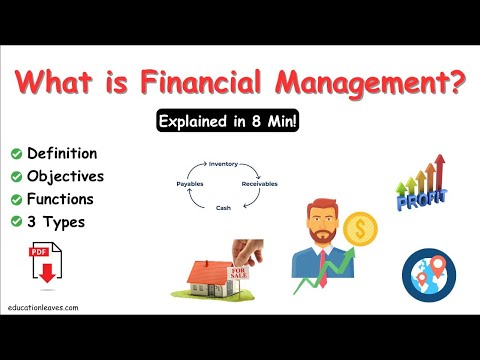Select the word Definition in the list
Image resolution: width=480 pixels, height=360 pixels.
pyautogui.click(x=62, y=153)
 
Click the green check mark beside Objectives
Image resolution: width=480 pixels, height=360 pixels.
pyautogui.click(x=17, y=176)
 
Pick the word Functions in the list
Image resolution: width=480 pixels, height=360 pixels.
pyautogui.click(x=61, y=198)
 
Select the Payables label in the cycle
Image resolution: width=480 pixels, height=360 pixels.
pyautogui.click(x=190, y=184)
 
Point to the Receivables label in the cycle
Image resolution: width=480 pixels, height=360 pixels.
pyautogui.click(x=260, y=184)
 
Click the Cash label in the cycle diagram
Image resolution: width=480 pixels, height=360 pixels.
pyautogui.click(x=223, y=208)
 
